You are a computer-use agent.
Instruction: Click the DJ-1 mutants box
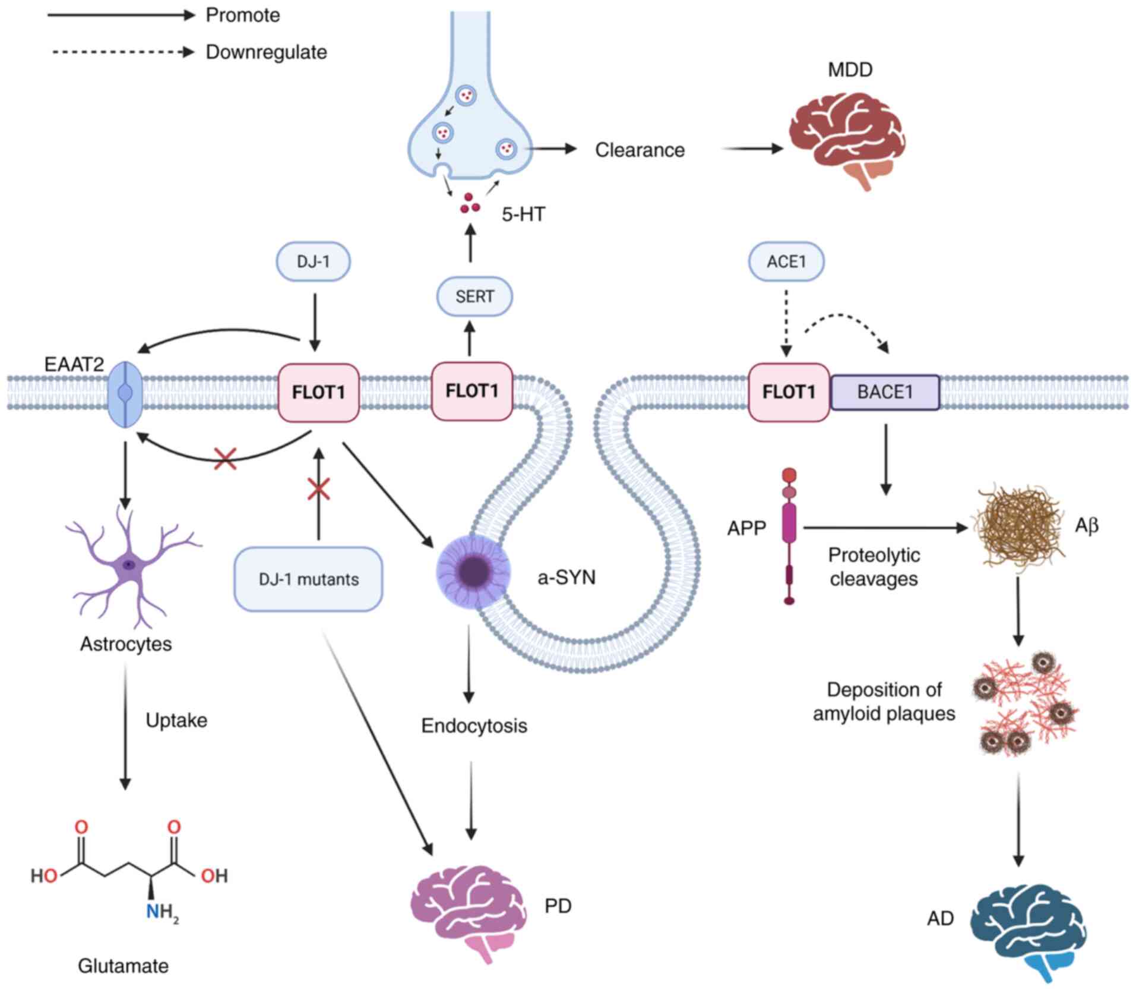point(308,579)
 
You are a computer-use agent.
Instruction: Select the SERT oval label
point(474,296)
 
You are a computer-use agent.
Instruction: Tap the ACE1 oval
point(786,261)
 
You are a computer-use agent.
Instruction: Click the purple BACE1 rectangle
point(885,392)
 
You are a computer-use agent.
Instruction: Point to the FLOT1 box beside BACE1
point(789,392)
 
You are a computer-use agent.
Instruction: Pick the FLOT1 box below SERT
point(472,391)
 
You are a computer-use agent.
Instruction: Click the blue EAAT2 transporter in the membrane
point(125,393)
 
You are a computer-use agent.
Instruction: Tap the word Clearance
point(640,150)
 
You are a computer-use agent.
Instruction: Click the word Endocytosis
point(474,726)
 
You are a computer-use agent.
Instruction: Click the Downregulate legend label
point(266,52)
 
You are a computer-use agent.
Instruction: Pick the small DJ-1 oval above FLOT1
point(313,261)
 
